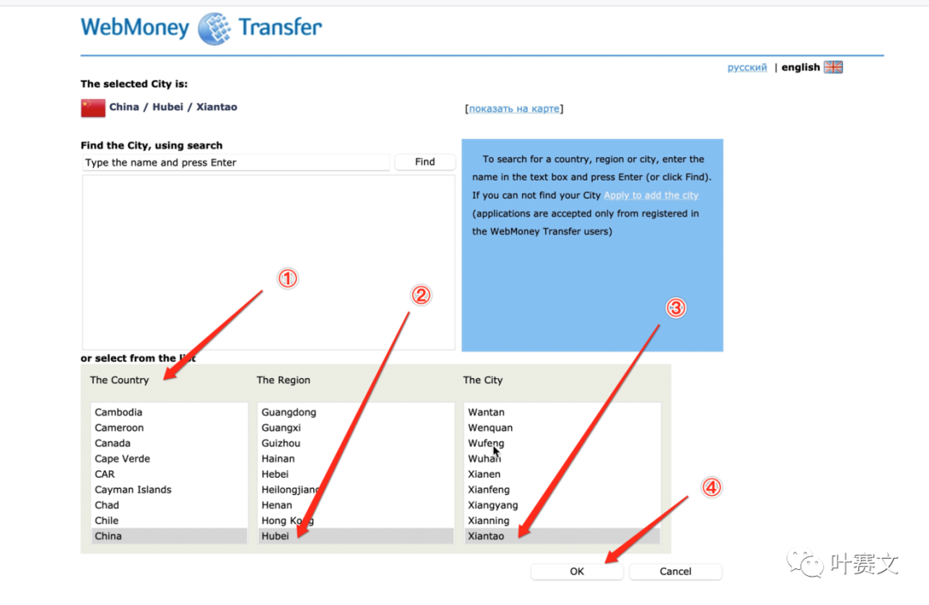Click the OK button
tap(576, 571)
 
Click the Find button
tap(425, 162)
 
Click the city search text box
tap(236, 162)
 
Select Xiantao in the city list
tap(486, 535)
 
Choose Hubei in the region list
tap(275, 535)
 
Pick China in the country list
tap(108, 535)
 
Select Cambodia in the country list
tap(119, 412)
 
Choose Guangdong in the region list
tap(288, 412)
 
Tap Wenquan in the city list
tap(490, 427)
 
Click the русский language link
tap(748, 68)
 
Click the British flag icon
tap(833, 67)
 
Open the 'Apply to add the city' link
tap(651, 195)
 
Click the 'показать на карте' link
tap(514, 108)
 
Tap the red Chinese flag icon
tap(93, 107)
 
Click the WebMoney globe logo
tap(214, 28)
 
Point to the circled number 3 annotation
tap(676, 308)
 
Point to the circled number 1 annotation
tap(287, 278)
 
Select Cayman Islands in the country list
tap(132, 490)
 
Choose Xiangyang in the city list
tap(492, 505)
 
